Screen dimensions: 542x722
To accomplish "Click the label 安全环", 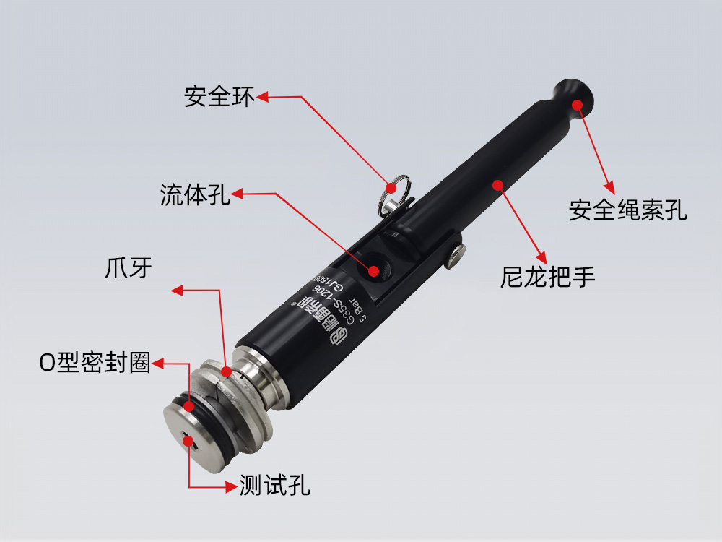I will [x=219, y=97].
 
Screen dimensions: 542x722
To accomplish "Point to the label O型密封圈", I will [x=95, y=364].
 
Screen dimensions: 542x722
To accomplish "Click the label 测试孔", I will [x=274, y=486].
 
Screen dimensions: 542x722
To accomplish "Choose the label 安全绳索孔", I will [x=627, y=210].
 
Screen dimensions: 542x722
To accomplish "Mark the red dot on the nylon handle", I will [x=497, y=184].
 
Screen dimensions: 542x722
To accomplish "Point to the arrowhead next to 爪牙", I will [x=176, y=291].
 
